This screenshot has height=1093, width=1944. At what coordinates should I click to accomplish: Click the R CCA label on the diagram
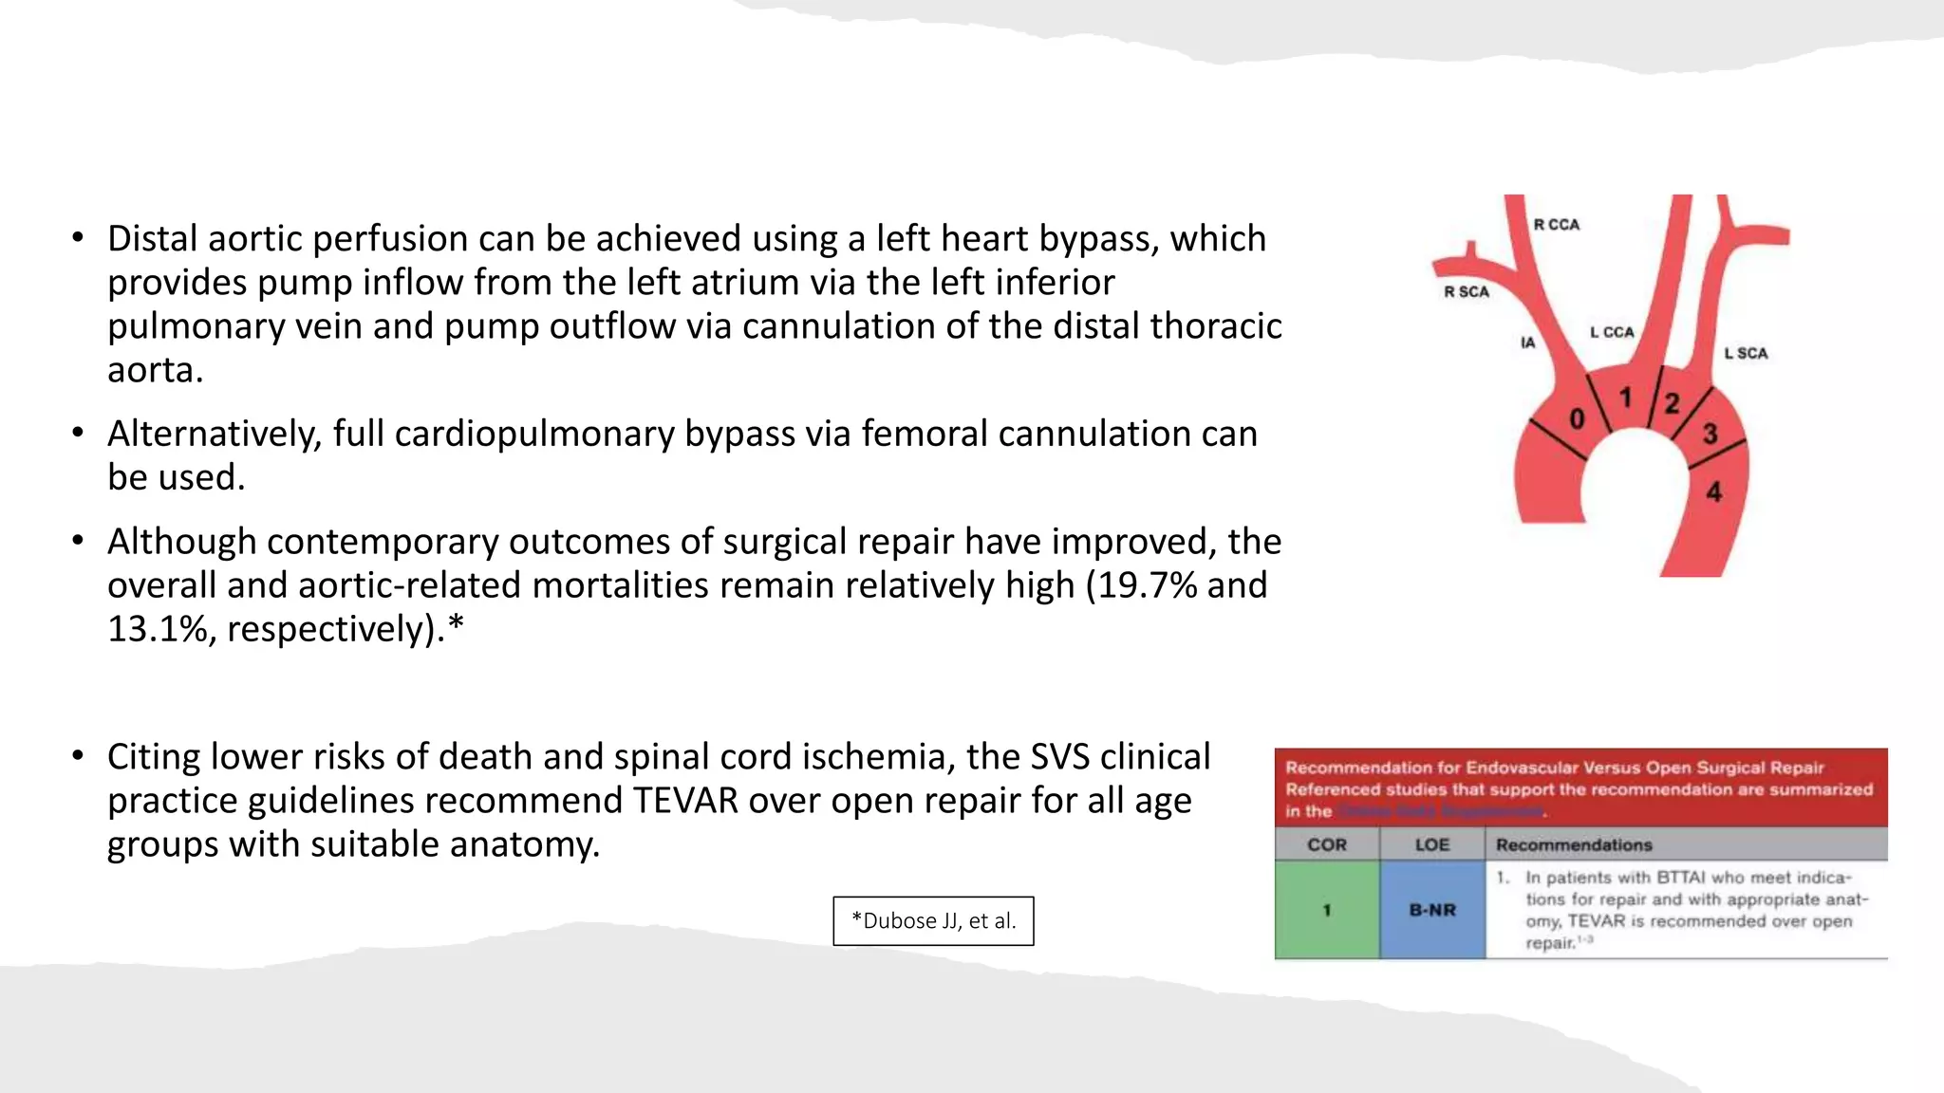[1557, 225]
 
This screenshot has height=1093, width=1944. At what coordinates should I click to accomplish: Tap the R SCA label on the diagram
[1467, 292]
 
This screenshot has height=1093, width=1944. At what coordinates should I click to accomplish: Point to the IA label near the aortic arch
[1527, 343]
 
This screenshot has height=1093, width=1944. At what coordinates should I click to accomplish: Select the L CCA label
[1612, 332]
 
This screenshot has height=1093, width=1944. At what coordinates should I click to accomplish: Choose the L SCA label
[1746, 353]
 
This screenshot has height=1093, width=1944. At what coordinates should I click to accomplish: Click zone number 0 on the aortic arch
[1578, 418]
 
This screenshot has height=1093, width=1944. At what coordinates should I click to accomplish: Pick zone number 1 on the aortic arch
[1625, 398]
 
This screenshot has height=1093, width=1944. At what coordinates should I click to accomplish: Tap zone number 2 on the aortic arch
[1672, 403]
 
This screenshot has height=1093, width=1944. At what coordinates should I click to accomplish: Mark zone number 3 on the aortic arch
[1710, 434]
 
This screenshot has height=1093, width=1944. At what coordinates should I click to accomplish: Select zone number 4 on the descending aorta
[1713, 491]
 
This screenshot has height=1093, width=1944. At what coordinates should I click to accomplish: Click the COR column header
[1326, 844]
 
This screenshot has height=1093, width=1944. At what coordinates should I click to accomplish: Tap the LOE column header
[1431, 844]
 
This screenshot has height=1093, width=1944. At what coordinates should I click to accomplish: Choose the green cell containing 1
[1326, 910]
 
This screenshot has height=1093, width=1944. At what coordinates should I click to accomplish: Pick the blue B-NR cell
[1431, 910]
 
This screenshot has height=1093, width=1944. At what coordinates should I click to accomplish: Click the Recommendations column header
[1574, 844]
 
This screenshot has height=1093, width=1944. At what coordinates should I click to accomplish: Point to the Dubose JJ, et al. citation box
[933, 920]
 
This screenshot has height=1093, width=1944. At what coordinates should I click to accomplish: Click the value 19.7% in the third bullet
[1147, 585]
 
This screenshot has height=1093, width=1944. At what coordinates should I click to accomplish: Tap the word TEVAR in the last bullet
[685, 801]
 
